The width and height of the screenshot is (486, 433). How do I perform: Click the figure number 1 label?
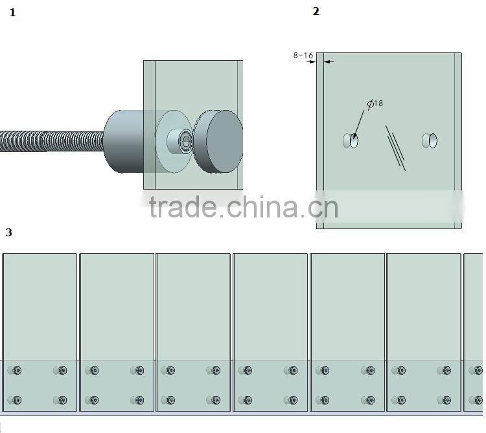click(12, 12)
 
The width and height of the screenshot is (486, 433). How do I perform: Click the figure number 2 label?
click(316, 12)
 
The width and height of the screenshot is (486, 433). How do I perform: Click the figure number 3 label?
click(8, 232)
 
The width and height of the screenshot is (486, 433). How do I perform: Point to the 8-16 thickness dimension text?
click(303, 56)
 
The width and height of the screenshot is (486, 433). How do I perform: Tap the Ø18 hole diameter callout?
click(375, 104)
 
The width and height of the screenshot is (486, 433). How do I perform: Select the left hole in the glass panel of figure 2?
click(351, 140)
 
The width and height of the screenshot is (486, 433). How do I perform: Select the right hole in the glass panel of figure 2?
click(430, 140)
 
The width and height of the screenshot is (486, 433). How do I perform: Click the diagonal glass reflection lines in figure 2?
click(396, 148)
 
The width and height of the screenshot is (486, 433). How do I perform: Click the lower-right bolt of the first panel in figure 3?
click(62, 400)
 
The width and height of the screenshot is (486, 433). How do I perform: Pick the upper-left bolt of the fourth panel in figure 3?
click(248, 371)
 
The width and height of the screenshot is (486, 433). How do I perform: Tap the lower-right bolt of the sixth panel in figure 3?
click(446, 400)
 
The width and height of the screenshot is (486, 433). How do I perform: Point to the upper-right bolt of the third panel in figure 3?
click(216, 371)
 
